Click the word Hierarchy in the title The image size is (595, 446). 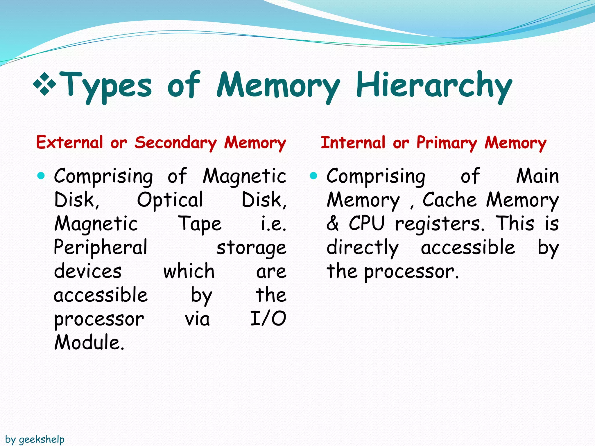(434, 86)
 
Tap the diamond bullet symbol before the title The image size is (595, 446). (44, 84)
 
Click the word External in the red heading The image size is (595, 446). (69, 143)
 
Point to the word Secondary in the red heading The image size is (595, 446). (175, 143)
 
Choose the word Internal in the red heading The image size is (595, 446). (353, 143)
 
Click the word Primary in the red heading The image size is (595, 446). (447, 143)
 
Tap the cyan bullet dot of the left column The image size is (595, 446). (41, 175)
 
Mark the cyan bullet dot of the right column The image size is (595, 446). (313, 175)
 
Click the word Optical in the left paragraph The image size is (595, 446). (170, 200)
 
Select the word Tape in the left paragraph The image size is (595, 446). (200, 224)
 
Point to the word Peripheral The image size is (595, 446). (101, 248)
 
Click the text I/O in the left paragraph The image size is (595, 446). (268, 319)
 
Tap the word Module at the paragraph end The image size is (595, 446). (89, 342)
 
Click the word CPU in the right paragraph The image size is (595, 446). (367, 224)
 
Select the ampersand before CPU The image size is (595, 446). (333, 224)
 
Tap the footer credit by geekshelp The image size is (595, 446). (35, 440)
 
